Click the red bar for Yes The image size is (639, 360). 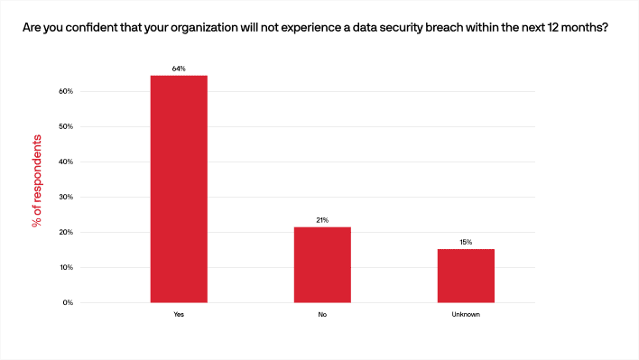179,189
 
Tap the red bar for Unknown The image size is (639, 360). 466,275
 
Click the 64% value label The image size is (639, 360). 179,69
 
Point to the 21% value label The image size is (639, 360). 322,220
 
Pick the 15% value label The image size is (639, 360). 466,242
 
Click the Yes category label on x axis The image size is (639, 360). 179,314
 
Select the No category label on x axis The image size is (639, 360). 322,314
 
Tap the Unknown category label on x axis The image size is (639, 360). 466,314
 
